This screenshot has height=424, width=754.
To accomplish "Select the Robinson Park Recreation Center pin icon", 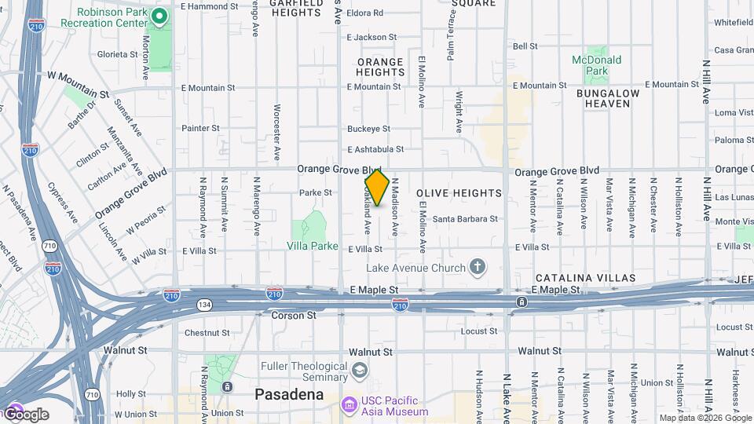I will click(159, 16).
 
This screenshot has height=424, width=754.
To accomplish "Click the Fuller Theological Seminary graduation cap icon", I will click(360, 370).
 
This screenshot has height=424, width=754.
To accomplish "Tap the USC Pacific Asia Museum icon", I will click(350, 404).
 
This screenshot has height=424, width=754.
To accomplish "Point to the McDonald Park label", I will click(597, 65).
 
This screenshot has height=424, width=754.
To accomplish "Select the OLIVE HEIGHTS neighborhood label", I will click(459, 193).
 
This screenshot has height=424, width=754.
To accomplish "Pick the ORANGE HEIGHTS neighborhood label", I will click(380, 67).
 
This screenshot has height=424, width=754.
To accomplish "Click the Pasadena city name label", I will click(289, 394).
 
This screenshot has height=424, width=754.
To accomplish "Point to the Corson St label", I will click(293, 316).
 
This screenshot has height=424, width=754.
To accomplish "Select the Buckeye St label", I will click(368, 129).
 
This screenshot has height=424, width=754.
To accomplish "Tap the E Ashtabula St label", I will click(375, 149).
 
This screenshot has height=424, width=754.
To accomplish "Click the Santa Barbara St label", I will click(465, 219).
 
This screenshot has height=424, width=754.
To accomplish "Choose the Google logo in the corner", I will click(25, 415).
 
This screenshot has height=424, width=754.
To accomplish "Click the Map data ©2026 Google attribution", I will click(705, 419).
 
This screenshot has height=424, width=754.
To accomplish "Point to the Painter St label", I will click(200, 128).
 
